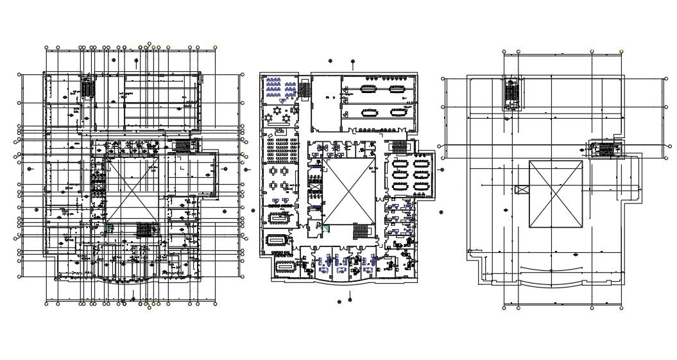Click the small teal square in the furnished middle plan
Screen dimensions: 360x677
point(325,228)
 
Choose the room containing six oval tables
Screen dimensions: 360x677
point(409,175)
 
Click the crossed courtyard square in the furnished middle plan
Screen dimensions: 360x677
point(348,190)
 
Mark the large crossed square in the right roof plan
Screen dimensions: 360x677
point(556,194)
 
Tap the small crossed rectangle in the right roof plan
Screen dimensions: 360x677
point(522,189)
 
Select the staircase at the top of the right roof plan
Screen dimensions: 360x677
point(512,93)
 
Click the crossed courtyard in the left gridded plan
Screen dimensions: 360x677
point(132,190)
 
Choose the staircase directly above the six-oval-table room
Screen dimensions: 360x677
point(399,146)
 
